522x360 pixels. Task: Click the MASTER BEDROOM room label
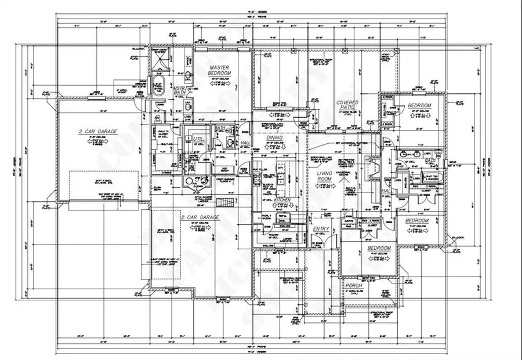(x=220, y=71)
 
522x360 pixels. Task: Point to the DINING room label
(x=274, y=138)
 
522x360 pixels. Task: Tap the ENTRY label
(x=321, y=230)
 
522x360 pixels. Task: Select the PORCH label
(x=354, y=286)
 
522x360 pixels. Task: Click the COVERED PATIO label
(x=347, y=106)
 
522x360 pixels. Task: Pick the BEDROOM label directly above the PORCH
(x=379, y=248)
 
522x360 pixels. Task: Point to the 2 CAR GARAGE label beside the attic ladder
(x=201, y=217)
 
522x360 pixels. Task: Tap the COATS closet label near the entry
(x=349, y=220)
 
